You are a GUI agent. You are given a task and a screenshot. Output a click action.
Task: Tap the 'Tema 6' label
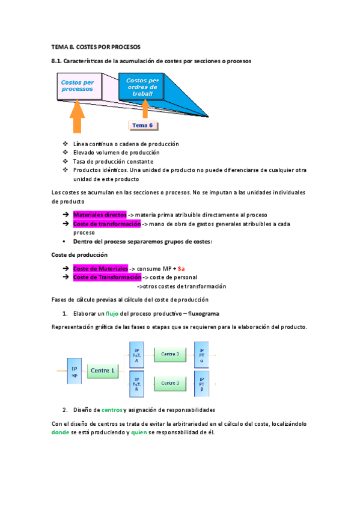(x=142, y=125)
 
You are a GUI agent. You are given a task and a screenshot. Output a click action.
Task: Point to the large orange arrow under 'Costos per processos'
(x=77, y=117)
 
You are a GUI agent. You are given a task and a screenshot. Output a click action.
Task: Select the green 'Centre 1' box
(x=103, y=371)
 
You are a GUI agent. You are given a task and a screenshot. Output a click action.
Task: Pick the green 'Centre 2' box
(x=170, y=354)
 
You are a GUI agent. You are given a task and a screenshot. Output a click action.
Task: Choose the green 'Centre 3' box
(x=170, y=382)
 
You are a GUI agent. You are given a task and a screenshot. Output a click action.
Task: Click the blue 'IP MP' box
(x=74, y=371)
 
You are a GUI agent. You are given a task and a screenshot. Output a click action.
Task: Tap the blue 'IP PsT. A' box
(x=136, y=355)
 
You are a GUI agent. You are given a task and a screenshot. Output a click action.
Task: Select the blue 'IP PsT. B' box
(x=136, y=384)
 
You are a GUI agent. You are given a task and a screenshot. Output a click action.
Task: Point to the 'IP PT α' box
(x=201, y=355)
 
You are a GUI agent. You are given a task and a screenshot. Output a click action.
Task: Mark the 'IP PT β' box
(x=201, y=384)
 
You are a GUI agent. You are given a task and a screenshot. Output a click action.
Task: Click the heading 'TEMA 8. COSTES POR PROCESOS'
(x=96, y=47)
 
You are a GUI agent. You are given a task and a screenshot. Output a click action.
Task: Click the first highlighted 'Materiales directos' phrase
(x=100, y=215)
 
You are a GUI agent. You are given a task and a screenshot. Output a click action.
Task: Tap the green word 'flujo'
(x=112, y=313)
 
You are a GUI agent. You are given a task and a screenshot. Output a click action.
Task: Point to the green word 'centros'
(x=112, y=410)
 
